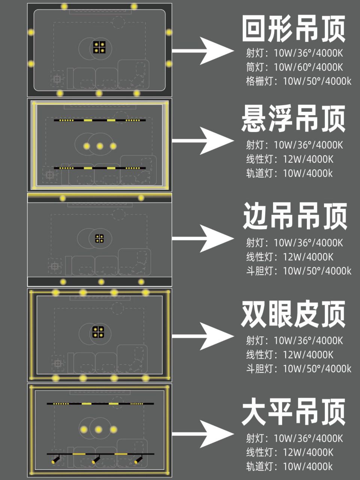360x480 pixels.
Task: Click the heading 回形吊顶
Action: pyautogui.click(x=293, y=29)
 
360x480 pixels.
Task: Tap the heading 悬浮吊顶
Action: pyautogui.click(x=293, y=118)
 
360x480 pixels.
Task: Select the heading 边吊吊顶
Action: pyautogui.click(x=294, y=216)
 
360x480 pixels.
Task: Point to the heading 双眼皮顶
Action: pyautogui.click(x=293, y=314)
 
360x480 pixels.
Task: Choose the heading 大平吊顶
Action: pyautogui.click(x=293, y=412)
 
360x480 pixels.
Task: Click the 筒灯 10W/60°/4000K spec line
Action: pyautogui.click(x=294, y=67)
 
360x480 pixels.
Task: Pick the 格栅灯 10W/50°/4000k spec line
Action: pyautogui.click(x=299, y=81)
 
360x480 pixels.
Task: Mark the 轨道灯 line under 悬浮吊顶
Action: pyautogui.click(x=289, y=173)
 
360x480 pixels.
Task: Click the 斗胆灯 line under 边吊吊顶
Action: pyautogui.click(x=299, y=271)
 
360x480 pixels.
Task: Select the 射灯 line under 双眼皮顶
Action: pyautogui.click(x=294, y=340)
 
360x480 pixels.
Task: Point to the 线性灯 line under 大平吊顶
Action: pyautogui.click(x=290, y=452)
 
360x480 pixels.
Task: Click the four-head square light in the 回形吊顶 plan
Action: pyautogui.click(x=99, y=47)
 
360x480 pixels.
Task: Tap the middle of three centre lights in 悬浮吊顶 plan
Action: pyautogui.click(x=100, y=146)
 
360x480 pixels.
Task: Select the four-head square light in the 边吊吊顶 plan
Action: pyautogui.click(x=99, y=238)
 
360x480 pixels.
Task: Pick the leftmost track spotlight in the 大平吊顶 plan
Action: pyautogui.click(x=56, y=459)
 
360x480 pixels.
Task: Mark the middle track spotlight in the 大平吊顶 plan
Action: pyautogui.click(x=96, y=459)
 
